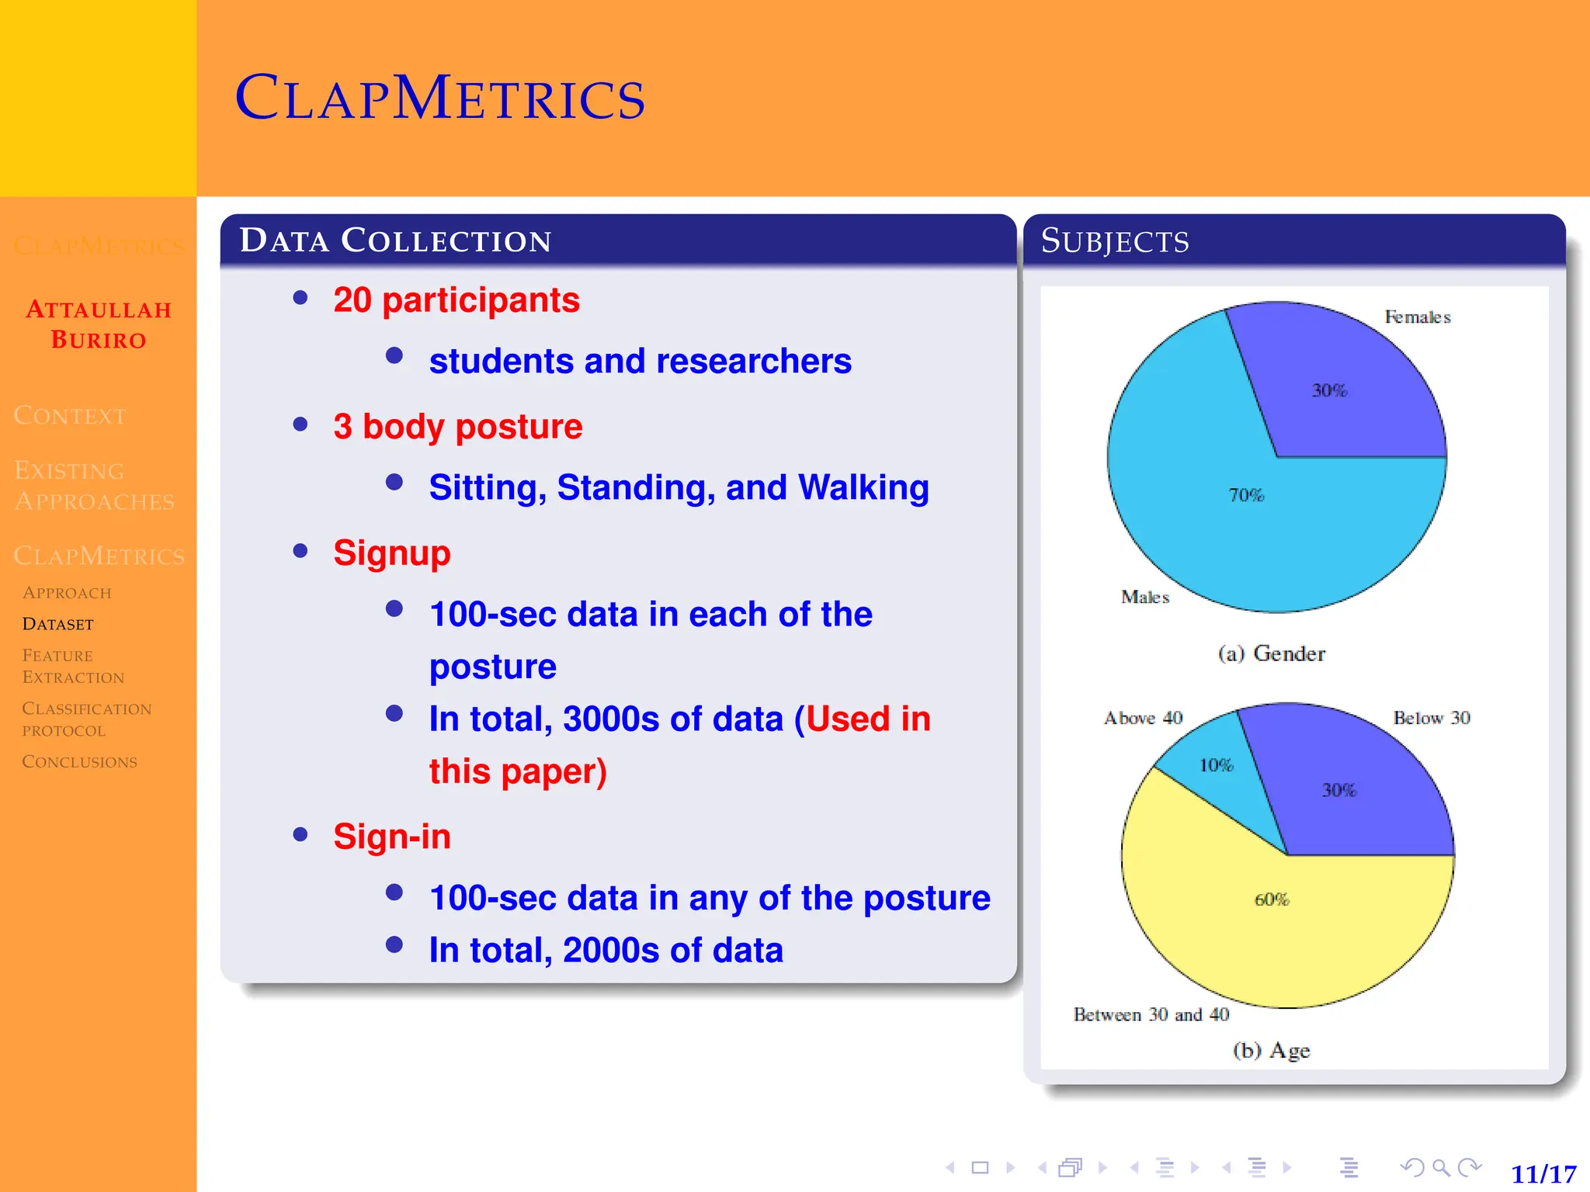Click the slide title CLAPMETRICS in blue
click(440, 99)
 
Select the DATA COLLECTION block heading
click(396, 241)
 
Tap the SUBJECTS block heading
click(1115, 241)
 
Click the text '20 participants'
click(457, 300)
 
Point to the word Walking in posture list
click(863, 488)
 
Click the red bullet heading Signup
click(392, 553)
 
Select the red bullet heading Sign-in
click(392, 837)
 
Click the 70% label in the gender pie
click(1246, 495)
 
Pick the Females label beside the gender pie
click(1418, 317)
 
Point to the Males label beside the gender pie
click(1145, 597)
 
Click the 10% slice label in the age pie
click(1216, 765)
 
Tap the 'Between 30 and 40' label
click(1151, 1015)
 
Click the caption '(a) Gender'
click(1272, 654)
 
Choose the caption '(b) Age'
click(1272, 1051)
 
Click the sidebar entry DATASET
click(58, 625)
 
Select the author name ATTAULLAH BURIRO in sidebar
click(99, 324)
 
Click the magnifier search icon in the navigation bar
click(1441, 1167)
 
